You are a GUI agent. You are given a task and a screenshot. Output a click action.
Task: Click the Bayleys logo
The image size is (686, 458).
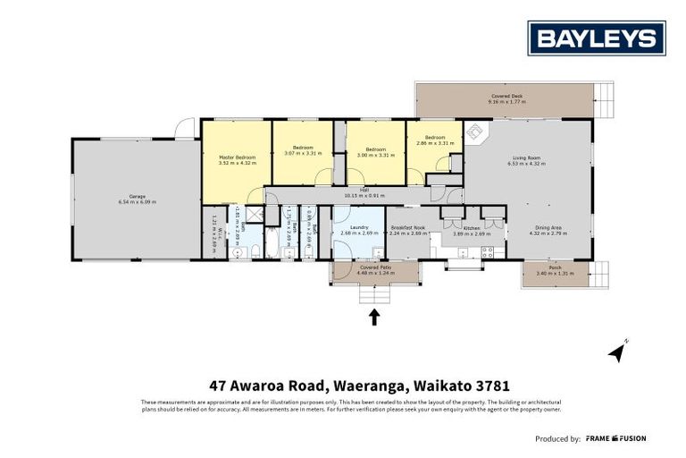pyautogui.click(x=597, y=38)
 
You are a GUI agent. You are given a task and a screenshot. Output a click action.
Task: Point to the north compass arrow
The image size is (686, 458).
pyautogui.click(x=617, y=352)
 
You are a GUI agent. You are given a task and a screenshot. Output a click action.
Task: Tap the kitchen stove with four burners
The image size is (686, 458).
pyautogui.click(x=489, y=251)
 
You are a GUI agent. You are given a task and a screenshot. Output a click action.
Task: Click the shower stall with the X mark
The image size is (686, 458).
pyautogui.click(x=255, y=214)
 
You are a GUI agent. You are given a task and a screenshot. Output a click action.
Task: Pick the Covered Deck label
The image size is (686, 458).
pyautogui.click(x=506, y=96)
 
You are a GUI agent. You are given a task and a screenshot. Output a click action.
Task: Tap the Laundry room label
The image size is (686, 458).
pyautogui.click(x=354, y=227)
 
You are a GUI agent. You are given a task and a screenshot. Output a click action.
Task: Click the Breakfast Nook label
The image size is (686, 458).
pyautogui.click(x=407, y=227)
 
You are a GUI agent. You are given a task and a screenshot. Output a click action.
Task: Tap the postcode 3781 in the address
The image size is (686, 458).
pyautogui.click(x=492, y=386)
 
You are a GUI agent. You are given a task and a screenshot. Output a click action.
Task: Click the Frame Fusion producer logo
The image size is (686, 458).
pyautogui.click(x=616, y=438)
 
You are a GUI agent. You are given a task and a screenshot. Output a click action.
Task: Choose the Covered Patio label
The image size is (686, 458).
pyautogui.click(x=375, y=267)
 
